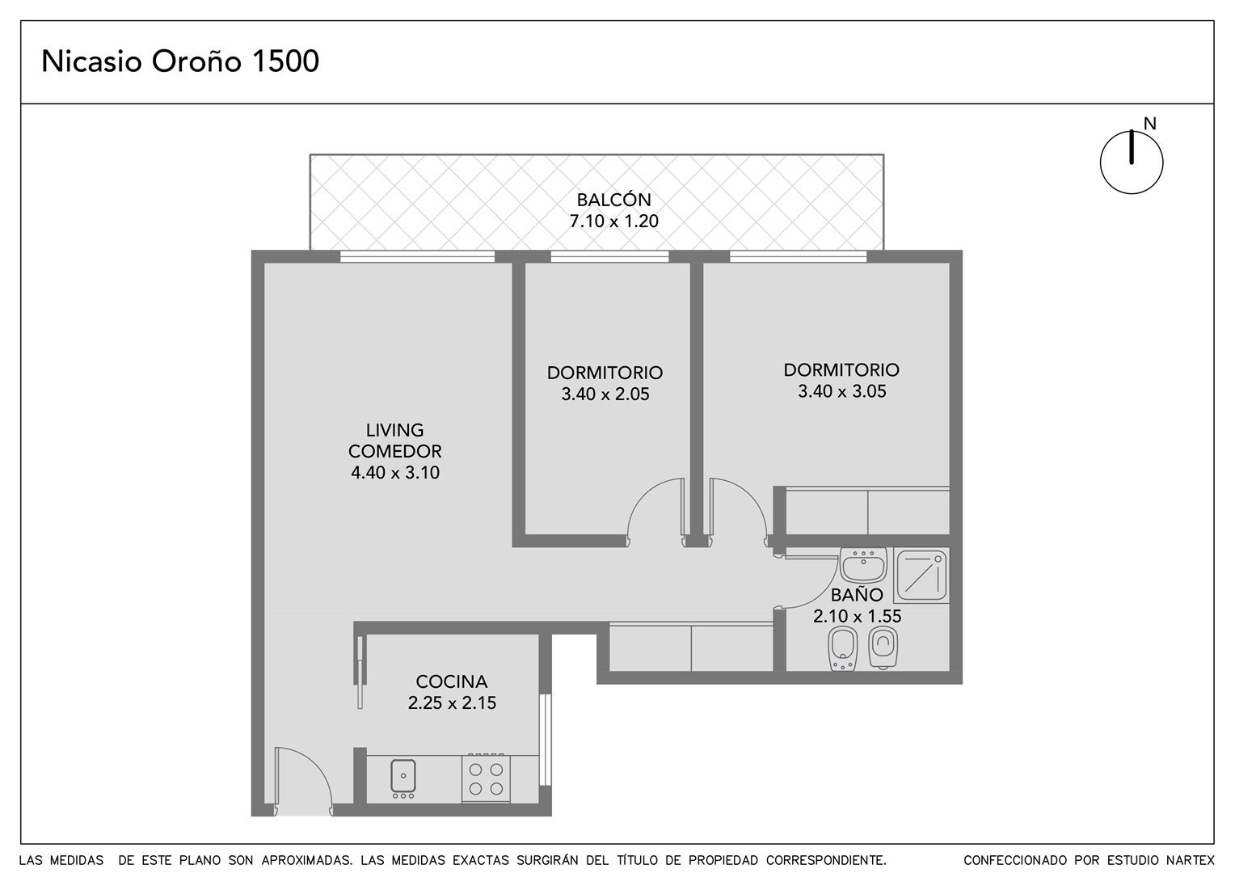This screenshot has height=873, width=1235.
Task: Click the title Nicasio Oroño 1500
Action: click(x=179, y=61)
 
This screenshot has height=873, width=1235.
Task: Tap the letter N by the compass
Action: click(x=1149, y=124)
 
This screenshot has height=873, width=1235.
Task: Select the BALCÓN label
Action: click(x=613, y=199)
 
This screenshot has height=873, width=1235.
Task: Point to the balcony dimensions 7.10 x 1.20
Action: click(x=613, y=221)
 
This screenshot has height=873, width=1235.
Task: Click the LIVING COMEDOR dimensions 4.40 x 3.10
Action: click(x=395, y=473)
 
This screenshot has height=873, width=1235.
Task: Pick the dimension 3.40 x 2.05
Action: click(x=605, y=394)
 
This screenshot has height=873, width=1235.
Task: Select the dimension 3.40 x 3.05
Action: click(x=842, y=391)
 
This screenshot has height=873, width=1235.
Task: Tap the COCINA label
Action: click(x=452, y=681)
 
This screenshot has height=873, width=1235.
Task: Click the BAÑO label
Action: click(x=857, y=594)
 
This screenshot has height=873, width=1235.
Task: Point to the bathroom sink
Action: click(x=863, y=565)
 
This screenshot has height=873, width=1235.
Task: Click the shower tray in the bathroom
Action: click(x=921, y=575)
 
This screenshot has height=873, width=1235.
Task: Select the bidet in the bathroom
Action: click(x=843, y=650)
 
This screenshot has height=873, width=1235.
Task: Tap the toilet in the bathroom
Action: click(x=883, y=648)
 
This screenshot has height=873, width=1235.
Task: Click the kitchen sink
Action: click(x=403, y=778)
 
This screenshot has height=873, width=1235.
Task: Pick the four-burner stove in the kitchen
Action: click(x=486, y=778)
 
